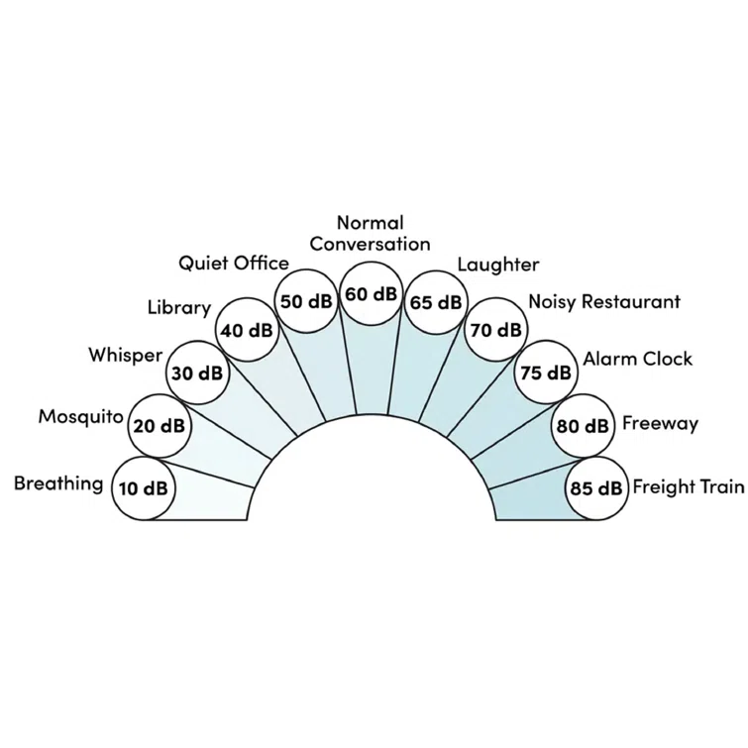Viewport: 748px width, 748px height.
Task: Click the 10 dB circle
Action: [143, 487]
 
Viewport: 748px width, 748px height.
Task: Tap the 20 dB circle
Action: [159, 426]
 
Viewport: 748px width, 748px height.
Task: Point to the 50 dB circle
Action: [306, 301]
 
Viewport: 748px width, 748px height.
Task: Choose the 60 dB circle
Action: [371, 294]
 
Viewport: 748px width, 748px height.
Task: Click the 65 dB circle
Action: [435, 302]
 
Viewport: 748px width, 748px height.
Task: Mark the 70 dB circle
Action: [494, 330]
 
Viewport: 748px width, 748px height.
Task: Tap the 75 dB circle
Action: [546, 374]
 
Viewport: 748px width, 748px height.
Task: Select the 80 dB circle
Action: [582, 426]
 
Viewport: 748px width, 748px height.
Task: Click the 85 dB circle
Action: [596, 487]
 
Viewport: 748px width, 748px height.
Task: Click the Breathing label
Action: [58, 483]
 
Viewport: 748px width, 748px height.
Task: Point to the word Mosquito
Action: [81, 416]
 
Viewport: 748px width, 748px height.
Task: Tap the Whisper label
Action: [125, 355]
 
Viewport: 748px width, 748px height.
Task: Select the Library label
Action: [179, 307]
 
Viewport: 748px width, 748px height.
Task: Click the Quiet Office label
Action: [234, 264]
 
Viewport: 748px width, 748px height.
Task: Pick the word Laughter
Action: [498, 265]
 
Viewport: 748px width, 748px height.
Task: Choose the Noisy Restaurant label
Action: [604, 301]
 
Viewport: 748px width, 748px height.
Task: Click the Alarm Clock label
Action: [637, 359]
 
